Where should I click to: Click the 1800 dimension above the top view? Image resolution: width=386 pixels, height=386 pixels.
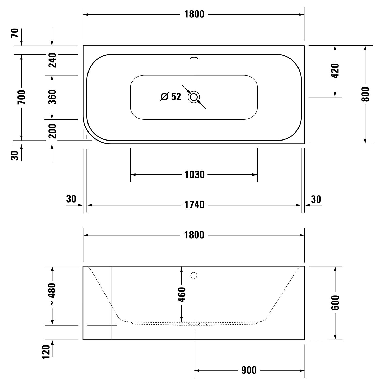194,14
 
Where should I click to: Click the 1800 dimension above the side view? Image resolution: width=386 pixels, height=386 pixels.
194,235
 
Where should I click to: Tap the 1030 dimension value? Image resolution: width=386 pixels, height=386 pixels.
194,175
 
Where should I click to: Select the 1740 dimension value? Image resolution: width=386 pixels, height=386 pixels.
194,205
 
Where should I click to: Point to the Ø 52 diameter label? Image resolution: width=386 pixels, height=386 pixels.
171,97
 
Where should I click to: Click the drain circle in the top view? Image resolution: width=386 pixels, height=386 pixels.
194,97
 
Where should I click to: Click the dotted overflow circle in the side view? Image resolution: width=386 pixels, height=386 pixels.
194,275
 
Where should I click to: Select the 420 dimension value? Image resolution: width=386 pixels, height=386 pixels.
335,71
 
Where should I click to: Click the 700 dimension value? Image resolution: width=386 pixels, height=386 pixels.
22,97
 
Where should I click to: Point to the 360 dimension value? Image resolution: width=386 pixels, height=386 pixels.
52,97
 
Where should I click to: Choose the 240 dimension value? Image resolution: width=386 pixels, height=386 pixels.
52,60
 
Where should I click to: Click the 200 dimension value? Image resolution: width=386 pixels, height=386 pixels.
52,131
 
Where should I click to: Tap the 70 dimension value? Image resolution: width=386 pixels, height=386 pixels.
15,33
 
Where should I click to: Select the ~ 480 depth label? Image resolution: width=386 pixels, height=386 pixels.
52,294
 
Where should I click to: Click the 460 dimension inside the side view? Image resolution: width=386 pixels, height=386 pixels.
182,294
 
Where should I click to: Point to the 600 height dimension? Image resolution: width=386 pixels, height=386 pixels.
335,303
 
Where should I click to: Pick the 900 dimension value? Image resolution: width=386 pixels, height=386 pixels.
249,370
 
